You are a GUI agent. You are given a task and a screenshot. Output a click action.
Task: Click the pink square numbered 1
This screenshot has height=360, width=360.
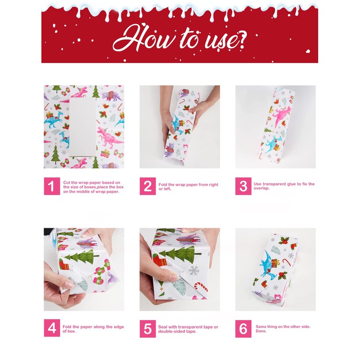click(x=52, y=186)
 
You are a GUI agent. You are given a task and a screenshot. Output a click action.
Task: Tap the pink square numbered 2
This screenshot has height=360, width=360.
click(x=148, y=186)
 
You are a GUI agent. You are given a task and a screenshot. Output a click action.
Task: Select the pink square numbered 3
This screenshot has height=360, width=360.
click(x=243, y=186)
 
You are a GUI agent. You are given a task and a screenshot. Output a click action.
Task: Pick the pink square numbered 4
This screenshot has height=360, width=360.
click(x=52, y=328)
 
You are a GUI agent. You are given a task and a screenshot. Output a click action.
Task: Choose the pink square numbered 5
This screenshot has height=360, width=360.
click(x=148, y=329)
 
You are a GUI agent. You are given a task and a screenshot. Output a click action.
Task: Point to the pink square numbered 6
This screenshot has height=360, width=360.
click(x=243, y=329)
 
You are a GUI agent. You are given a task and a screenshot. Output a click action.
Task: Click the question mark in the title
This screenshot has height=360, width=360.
click(x=239, y=40)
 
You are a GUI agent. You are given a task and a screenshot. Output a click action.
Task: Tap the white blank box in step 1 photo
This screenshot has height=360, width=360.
click(x=83, y=127)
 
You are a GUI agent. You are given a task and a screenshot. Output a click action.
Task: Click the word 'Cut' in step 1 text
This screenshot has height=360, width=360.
click(x=67, y=183)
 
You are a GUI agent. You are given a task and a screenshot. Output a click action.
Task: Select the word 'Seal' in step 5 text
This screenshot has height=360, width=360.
click(x=163, y=327)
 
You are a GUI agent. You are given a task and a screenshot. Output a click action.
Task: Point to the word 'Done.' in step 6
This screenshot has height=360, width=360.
click(x=261, y=331)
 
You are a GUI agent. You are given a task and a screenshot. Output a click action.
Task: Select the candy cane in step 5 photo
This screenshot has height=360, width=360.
click(x=200, y=287)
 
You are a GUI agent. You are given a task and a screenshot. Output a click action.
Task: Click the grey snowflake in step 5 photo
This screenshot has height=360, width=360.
click(x=194, y=271)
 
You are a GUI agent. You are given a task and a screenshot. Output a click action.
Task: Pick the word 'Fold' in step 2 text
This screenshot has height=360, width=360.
click(x=163, y=184)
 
